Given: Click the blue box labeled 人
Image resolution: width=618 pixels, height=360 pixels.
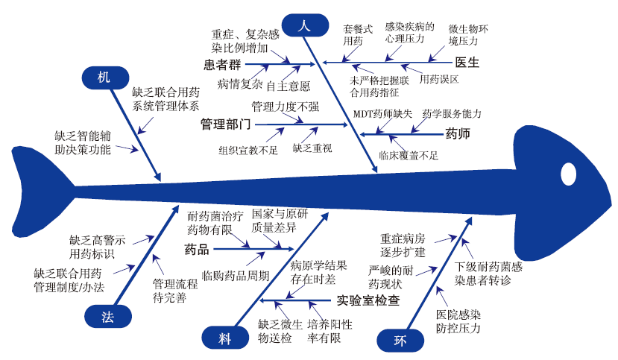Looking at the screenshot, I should click(303, 25).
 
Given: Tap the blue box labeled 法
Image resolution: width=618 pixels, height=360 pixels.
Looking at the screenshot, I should click(107, 318).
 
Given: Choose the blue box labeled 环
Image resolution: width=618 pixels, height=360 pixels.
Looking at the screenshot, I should click(400, 341).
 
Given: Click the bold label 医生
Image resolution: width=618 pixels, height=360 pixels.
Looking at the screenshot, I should click(467, 63).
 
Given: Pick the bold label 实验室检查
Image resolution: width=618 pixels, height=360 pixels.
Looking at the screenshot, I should click(367, 300).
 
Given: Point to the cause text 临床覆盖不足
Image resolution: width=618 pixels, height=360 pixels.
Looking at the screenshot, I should click(408, 156).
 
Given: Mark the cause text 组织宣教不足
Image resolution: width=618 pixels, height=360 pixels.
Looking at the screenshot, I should click(248, 149).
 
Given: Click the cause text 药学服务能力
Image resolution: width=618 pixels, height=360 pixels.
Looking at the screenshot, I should click(452, 113).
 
